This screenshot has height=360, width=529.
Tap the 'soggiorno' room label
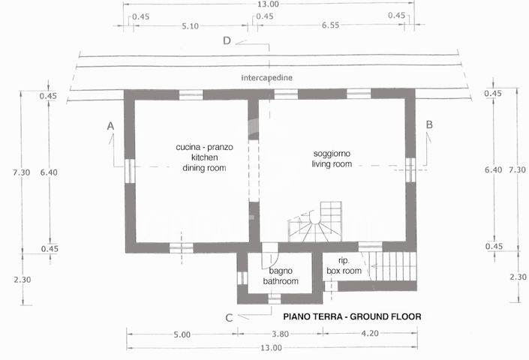pos(332,153)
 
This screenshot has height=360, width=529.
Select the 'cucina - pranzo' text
pos(204,147)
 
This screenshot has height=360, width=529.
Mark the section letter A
pos(110,125)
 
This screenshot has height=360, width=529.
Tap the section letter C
pos(229,317)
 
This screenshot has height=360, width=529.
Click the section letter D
pos(227,40)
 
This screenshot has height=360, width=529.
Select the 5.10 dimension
pos(190,26)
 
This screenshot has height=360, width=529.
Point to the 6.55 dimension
pos(330,26)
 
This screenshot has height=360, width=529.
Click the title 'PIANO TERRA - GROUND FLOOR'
pos(352,316)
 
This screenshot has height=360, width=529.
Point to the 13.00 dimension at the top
pos(268,4)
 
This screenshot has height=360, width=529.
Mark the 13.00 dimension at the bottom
pos(271,347)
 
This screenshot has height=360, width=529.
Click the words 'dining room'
pos(204,168)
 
